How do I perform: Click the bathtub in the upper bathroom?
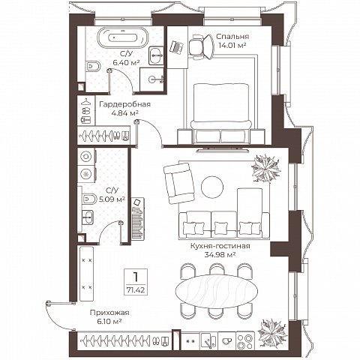coord(122,37)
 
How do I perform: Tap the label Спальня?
coord(232,37)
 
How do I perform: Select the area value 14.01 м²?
coord(232,46)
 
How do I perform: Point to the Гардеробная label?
coord(125,104)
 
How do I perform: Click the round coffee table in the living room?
coord(212,187)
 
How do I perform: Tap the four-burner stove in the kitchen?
coord(245,341)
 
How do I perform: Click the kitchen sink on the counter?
coord(209,341)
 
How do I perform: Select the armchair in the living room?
coord(179,183)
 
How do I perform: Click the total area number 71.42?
coord(136,290)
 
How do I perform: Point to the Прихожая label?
coord(109,313)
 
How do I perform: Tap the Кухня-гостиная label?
coord(220,246)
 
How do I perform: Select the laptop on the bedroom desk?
coord(176,47)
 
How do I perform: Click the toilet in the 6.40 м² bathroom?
coord(92,67)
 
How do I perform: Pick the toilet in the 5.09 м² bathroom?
coord(88,199)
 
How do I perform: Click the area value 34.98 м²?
coord(220,255)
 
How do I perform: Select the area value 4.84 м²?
coord(125,113)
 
